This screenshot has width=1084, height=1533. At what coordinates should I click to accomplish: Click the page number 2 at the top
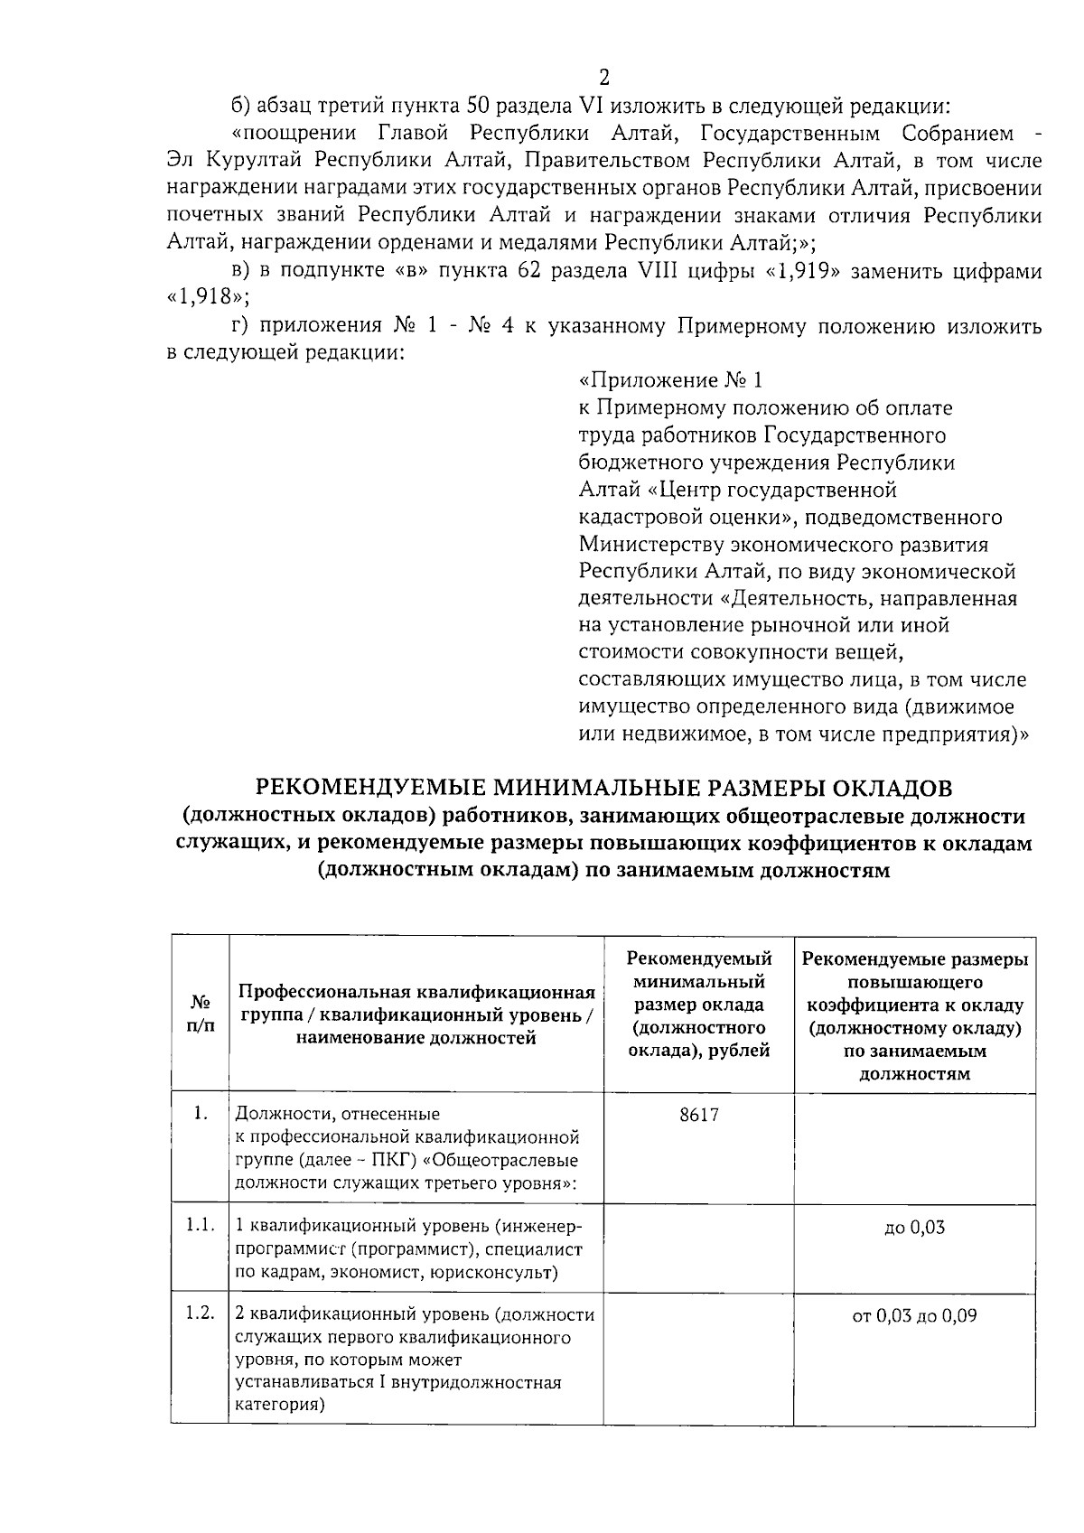pyautogui.click(x=604, y=78)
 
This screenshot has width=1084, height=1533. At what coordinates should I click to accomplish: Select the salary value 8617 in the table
pyautogui.click(x=699, y=1115)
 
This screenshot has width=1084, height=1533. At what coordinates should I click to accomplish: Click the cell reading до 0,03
pyautogui.click(x=914, y=1228)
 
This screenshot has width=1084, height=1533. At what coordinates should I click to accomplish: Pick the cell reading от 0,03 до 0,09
pyautogui.click(x=914, y=1316)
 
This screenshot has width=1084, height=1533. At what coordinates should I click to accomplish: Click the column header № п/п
pyautogui.click(x=201, y=1014)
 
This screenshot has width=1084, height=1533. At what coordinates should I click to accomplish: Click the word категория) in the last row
pyautogui.click(x=279, y=1406)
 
